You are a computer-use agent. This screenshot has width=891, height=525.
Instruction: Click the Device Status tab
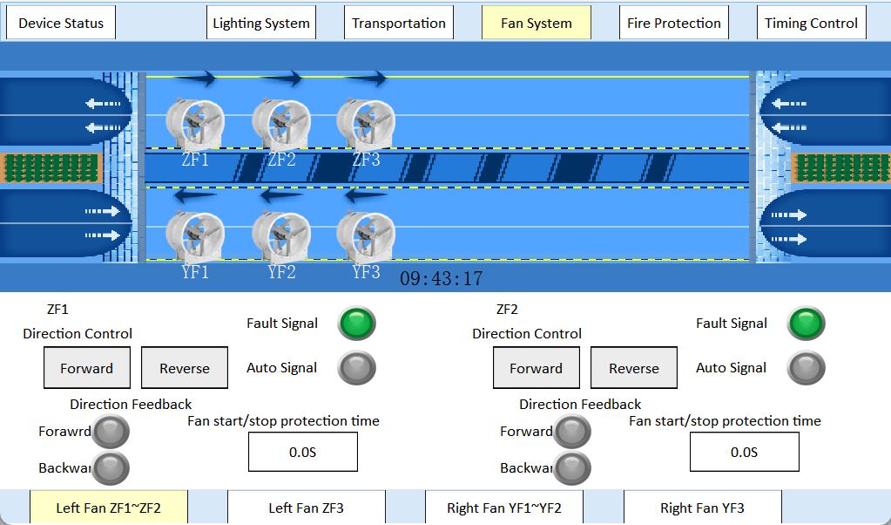click(x=61, y=24)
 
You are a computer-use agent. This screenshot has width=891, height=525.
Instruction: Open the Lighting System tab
click(x=261, y=24)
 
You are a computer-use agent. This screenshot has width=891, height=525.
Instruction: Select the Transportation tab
click(x=399, y=24)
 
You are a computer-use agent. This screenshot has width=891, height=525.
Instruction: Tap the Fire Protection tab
click(x=674, y=24)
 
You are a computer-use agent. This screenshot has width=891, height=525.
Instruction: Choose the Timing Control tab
click(x=811, y=24)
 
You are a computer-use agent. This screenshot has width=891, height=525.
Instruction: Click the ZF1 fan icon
click(x=195, y=125)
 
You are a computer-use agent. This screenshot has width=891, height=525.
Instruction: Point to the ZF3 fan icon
click(x=366, y=125)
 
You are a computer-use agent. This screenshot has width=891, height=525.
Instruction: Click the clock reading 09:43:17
click(x=441, y=279)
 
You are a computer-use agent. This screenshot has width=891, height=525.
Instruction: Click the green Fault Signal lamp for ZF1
click(x=357, y=324)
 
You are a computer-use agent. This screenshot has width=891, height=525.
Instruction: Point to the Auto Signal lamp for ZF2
click(x=807, y=368)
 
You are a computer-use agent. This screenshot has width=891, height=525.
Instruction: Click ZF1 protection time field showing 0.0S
click(x=303, y=452)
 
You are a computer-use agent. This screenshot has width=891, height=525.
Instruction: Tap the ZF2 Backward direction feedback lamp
click(x=572, y=468)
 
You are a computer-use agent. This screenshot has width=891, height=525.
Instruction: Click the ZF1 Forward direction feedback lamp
click(x=111, y=431)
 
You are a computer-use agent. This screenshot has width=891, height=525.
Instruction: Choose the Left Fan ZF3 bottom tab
click(x=306, y=508)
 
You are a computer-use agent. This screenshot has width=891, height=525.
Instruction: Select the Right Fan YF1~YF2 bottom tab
click(x=503, y=508)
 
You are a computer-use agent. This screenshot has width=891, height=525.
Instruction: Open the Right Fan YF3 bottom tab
click(x=702, y=508)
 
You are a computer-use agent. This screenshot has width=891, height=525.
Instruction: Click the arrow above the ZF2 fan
click(x=281, y=79)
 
